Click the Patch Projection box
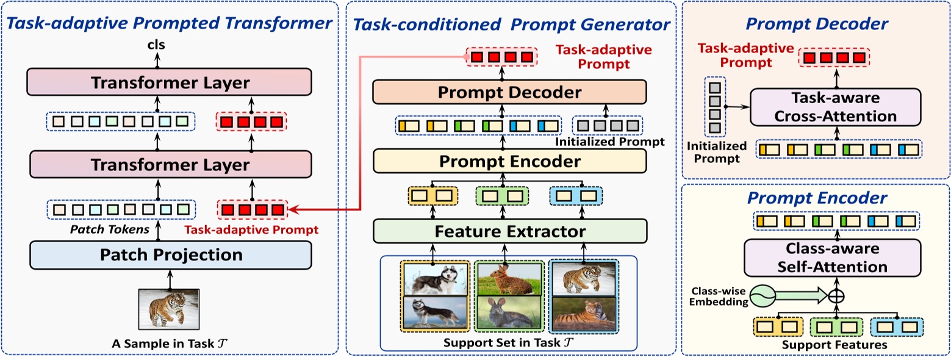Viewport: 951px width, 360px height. [x=170, y=255]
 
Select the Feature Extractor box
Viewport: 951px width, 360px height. [x=510, y=232]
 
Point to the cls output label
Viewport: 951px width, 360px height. [x=157, y=45]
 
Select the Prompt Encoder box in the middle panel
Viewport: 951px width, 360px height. [x=510, y=162]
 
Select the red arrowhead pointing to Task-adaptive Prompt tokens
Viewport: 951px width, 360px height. [x=293, y=211]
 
